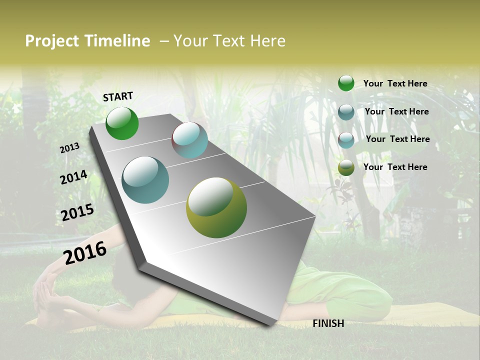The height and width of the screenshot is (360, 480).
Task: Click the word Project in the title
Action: tap(52, 41)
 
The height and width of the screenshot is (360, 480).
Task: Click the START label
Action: tap(118, 96)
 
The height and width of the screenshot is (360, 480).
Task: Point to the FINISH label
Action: tap(328, 323)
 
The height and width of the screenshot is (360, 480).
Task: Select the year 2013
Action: tap(69, 148)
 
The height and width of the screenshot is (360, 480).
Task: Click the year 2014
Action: tap(74, 177)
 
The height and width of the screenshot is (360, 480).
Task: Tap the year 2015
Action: tap(77, 212)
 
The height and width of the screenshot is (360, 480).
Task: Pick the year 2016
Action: tap(85, 253)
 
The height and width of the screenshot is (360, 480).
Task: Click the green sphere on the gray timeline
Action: tap(122, 123)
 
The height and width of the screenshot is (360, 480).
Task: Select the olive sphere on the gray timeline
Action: tap(216, 207)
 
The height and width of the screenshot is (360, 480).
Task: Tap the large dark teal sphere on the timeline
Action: tap(145, 180)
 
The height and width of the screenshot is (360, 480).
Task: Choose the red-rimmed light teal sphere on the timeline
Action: tap(189, 140)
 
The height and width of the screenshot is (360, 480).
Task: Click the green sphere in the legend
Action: tap(346, 83)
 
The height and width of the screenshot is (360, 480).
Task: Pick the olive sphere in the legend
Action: tap(346, 167)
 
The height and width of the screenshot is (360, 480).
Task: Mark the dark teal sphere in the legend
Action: tap(346, 112)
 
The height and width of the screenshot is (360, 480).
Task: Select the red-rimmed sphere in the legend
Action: tap(346, 139)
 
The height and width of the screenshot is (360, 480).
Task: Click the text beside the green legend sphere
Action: tap(395, 84)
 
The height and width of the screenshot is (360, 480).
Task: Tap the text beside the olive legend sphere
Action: tap(395, 167)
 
